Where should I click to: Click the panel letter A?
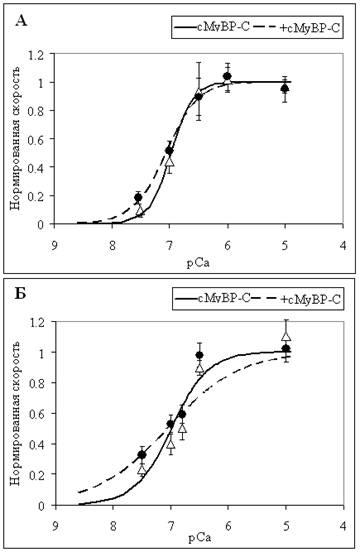21,21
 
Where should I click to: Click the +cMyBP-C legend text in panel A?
310,28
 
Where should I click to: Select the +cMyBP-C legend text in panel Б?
310,299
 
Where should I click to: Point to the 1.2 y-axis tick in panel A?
38,54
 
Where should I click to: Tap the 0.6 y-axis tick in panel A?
38,139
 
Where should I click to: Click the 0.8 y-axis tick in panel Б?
40,383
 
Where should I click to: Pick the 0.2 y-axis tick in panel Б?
40,474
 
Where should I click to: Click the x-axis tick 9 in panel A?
55,245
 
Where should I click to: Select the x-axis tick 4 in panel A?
343,245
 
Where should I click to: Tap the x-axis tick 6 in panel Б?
228,526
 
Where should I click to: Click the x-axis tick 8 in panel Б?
113,526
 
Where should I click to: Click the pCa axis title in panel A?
198,263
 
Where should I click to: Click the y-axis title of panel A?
15,138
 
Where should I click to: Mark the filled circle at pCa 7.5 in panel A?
138,197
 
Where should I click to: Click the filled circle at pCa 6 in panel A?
227,76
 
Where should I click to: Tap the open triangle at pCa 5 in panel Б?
286,336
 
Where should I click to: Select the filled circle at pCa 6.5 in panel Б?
200,355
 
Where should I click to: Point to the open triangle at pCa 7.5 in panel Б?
142,469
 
